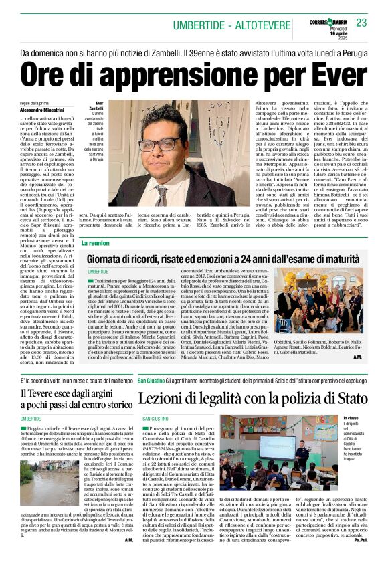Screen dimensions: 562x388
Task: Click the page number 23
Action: pos(361,23)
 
